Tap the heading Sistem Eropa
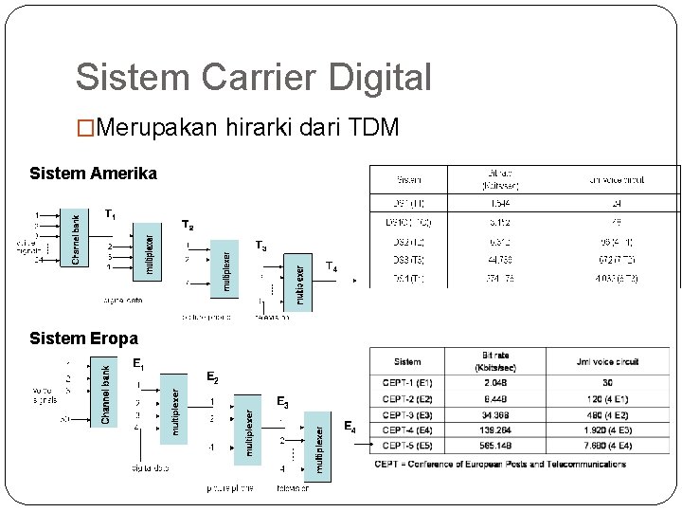83,338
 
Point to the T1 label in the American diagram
110,214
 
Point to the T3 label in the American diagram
260,247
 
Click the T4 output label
331,267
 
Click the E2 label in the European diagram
212,377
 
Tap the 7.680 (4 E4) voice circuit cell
606,446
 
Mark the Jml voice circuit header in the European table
606,361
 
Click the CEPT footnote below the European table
500,465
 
